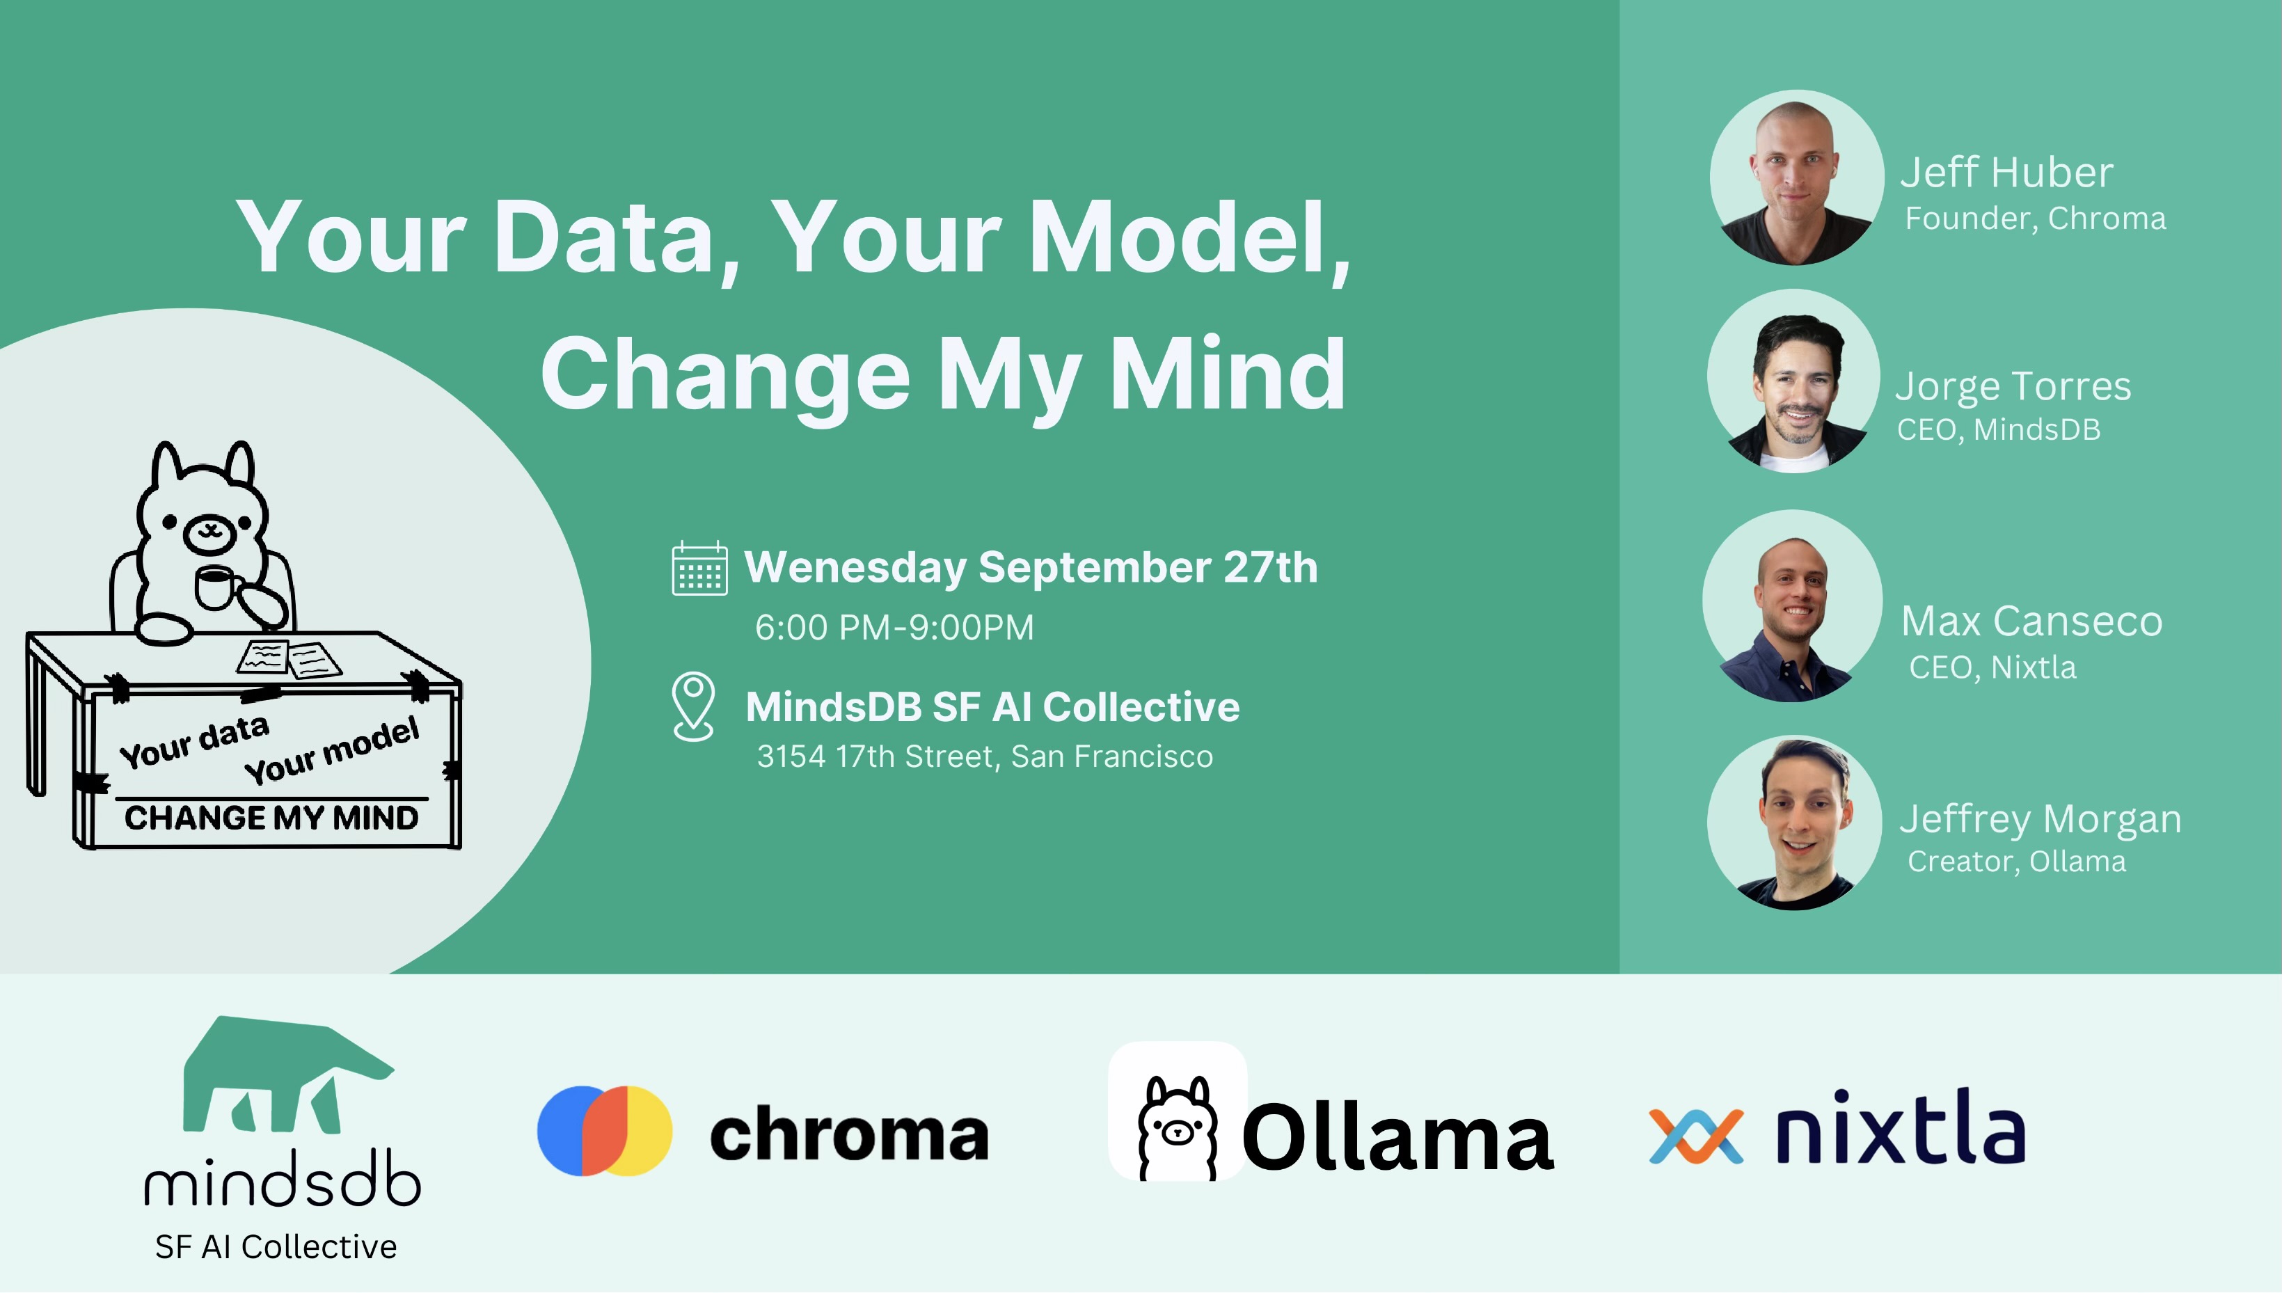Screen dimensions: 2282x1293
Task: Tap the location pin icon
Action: pyautogui.click(x=693, y=706)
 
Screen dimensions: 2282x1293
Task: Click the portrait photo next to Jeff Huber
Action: pyautogui.click(x=1796, y=177)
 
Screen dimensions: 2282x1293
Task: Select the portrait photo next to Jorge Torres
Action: pyautogui.click(x=1793, y=381)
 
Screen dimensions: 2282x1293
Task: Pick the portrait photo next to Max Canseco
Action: pyautogui.click(x=1792, y=605)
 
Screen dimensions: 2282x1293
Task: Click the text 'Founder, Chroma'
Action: pyautogui.click(x=2035, y=219)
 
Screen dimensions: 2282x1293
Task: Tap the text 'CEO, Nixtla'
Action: pyautogui.click(x=1992, y=667)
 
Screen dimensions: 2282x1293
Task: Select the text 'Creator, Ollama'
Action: pyautogui.click(x=2017, y=862)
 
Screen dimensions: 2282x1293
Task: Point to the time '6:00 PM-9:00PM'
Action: pyautogui.click(x=894, y=628)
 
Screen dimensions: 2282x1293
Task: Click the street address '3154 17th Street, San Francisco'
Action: pyautogui.click(x=985, y=756)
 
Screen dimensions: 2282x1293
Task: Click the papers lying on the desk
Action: pyautogui.click(x=289, y=659)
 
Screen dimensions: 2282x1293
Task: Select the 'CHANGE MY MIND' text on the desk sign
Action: pyautogui.click(x=271, y=818)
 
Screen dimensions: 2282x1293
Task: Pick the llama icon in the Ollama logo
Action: pyautogui.click(x=1178, y=1128)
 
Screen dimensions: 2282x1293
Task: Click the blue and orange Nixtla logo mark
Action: pyautogui.click(x=1696, y=1136)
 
